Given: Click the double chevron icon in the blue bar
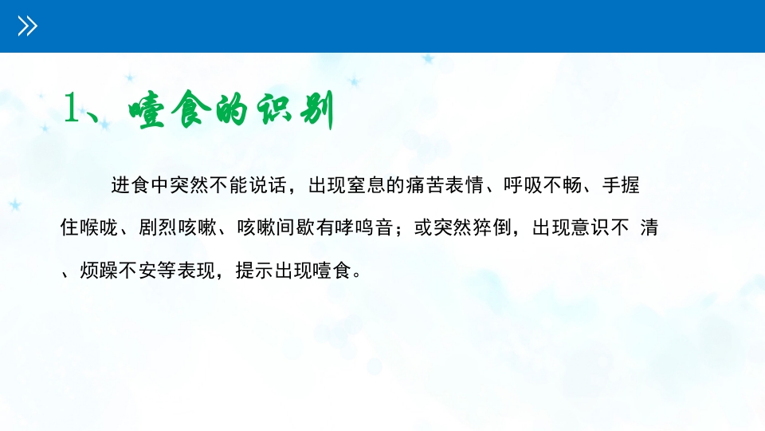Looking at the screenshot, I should (x=28, y=26).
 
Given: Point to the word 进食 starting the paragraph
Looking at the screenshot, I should (x=131, y=186).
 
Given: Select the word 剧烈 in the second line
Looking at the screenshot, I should (x=159, y=228).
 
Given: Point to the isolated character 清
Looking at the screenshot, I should (x=649, y=228).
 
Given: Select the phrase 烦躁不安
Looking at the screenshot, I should (x=120, y=271).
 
